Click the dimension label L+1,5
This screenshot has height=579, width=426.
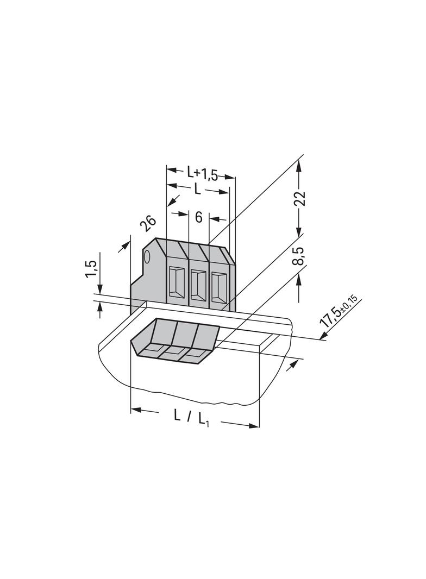point(202,174)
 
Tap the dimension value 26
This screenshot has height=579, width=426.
point(148,224)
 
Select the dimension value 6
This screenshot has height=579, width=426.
point(199,218)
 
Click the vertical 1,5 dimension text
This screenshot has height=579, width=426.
point(91,269)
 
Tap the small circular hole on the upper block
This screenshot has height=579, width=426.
point(147,256)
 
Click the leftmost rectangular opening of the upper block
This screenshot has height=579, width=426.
point(176,282)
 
